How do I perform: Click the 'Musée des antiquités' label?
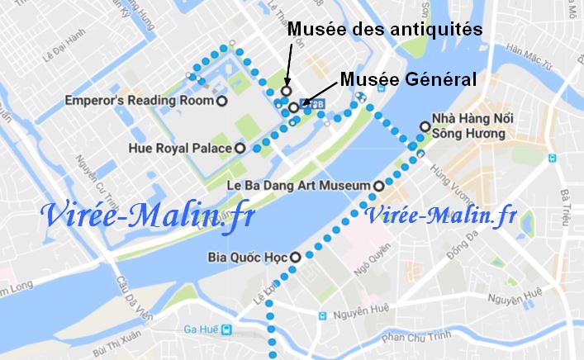[383, 30]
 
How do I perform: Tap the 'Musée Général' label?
[408, 79]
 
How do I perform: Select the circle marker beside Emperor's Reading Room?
[221, 101]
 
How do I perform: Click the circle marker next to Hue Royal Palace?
[240, 149]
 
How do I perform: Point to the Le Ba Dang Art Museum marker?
[378, 187]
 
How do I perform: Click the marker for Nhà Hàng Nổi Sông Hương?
[425, 126]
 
